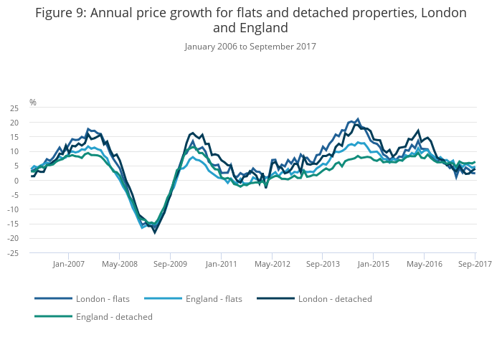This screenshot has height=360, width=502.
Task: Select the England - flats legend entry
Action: pyautogui.click(x=208, y=298)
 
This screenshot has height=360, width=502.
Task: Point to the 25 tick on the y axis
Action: pyautogui.click(x=14, y=108)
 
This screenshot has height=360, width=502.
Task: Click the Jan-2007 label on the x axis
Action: pyautogui.click(x=69, y=264)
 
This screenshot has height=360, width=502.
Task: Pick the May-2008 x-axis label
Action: pyautogui.click(x=120, y=264)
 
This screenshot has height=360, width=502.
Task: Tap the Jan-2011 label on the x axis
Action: pyautogui.click(x=222, y=264)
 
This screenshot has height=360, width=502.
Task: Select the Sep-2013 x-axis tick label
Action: pyautogui.click(x=323, y=264)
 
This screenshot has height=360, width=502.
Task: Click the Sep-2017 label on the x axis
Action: pyautogui.click(x=475, y=264)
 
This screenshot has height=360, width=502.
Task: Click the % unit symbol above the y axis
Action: pyautogui.click(x=32, y=103)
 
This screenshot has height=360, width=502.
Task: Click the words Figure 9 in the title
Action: pyautogui.click(x=63, y=13)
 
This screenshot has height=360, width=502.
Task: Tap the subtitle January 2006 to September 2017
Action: pyautogui.click(x=250, y=47)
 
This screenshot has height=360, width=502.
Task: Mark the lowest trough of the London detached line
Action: pyautogui.click(x=155, y=232)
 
